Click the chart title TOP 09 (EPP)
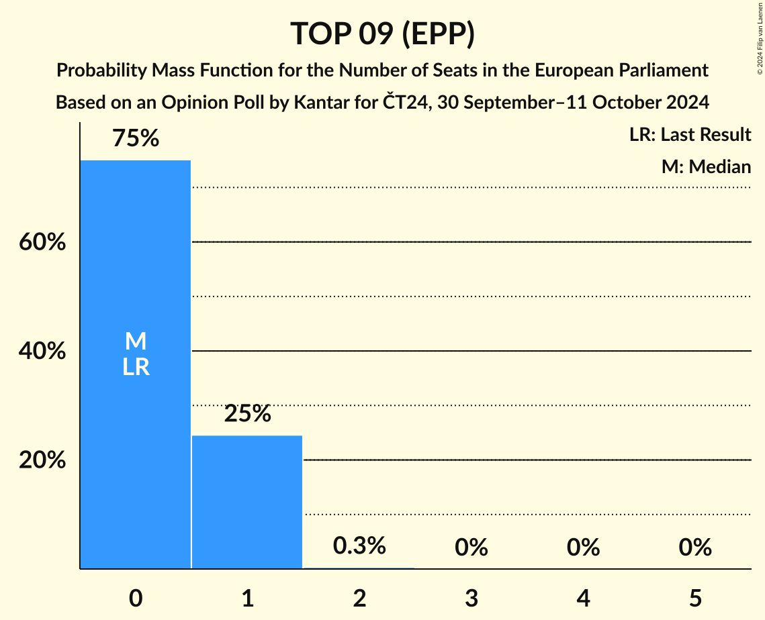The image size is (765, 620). tap(382, 34)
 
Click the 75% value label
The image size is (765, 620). tap(136, 139)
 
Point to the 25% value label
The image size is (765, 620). tap(247, 414)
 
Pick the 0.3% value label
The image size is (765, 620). tap(359, 546)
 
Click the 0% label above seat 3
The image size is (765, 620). tap(471, 548)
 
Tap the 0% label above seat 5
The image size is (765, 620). tap(694, 548)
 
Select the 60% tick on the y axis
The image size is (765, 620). tap(42, 242)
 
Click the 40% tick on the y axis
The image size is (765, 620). tap(42, 351)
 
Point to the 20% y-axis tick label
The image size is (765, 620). tap(42, 460)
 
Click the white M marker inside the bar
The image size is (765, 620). tap(136, 342)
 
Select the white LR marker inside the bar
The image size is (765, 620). tap(136, 367)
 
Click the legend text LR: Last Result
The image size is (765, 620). tap(690, 135)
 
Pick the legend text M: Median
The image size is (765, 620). tap(706, 166)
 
